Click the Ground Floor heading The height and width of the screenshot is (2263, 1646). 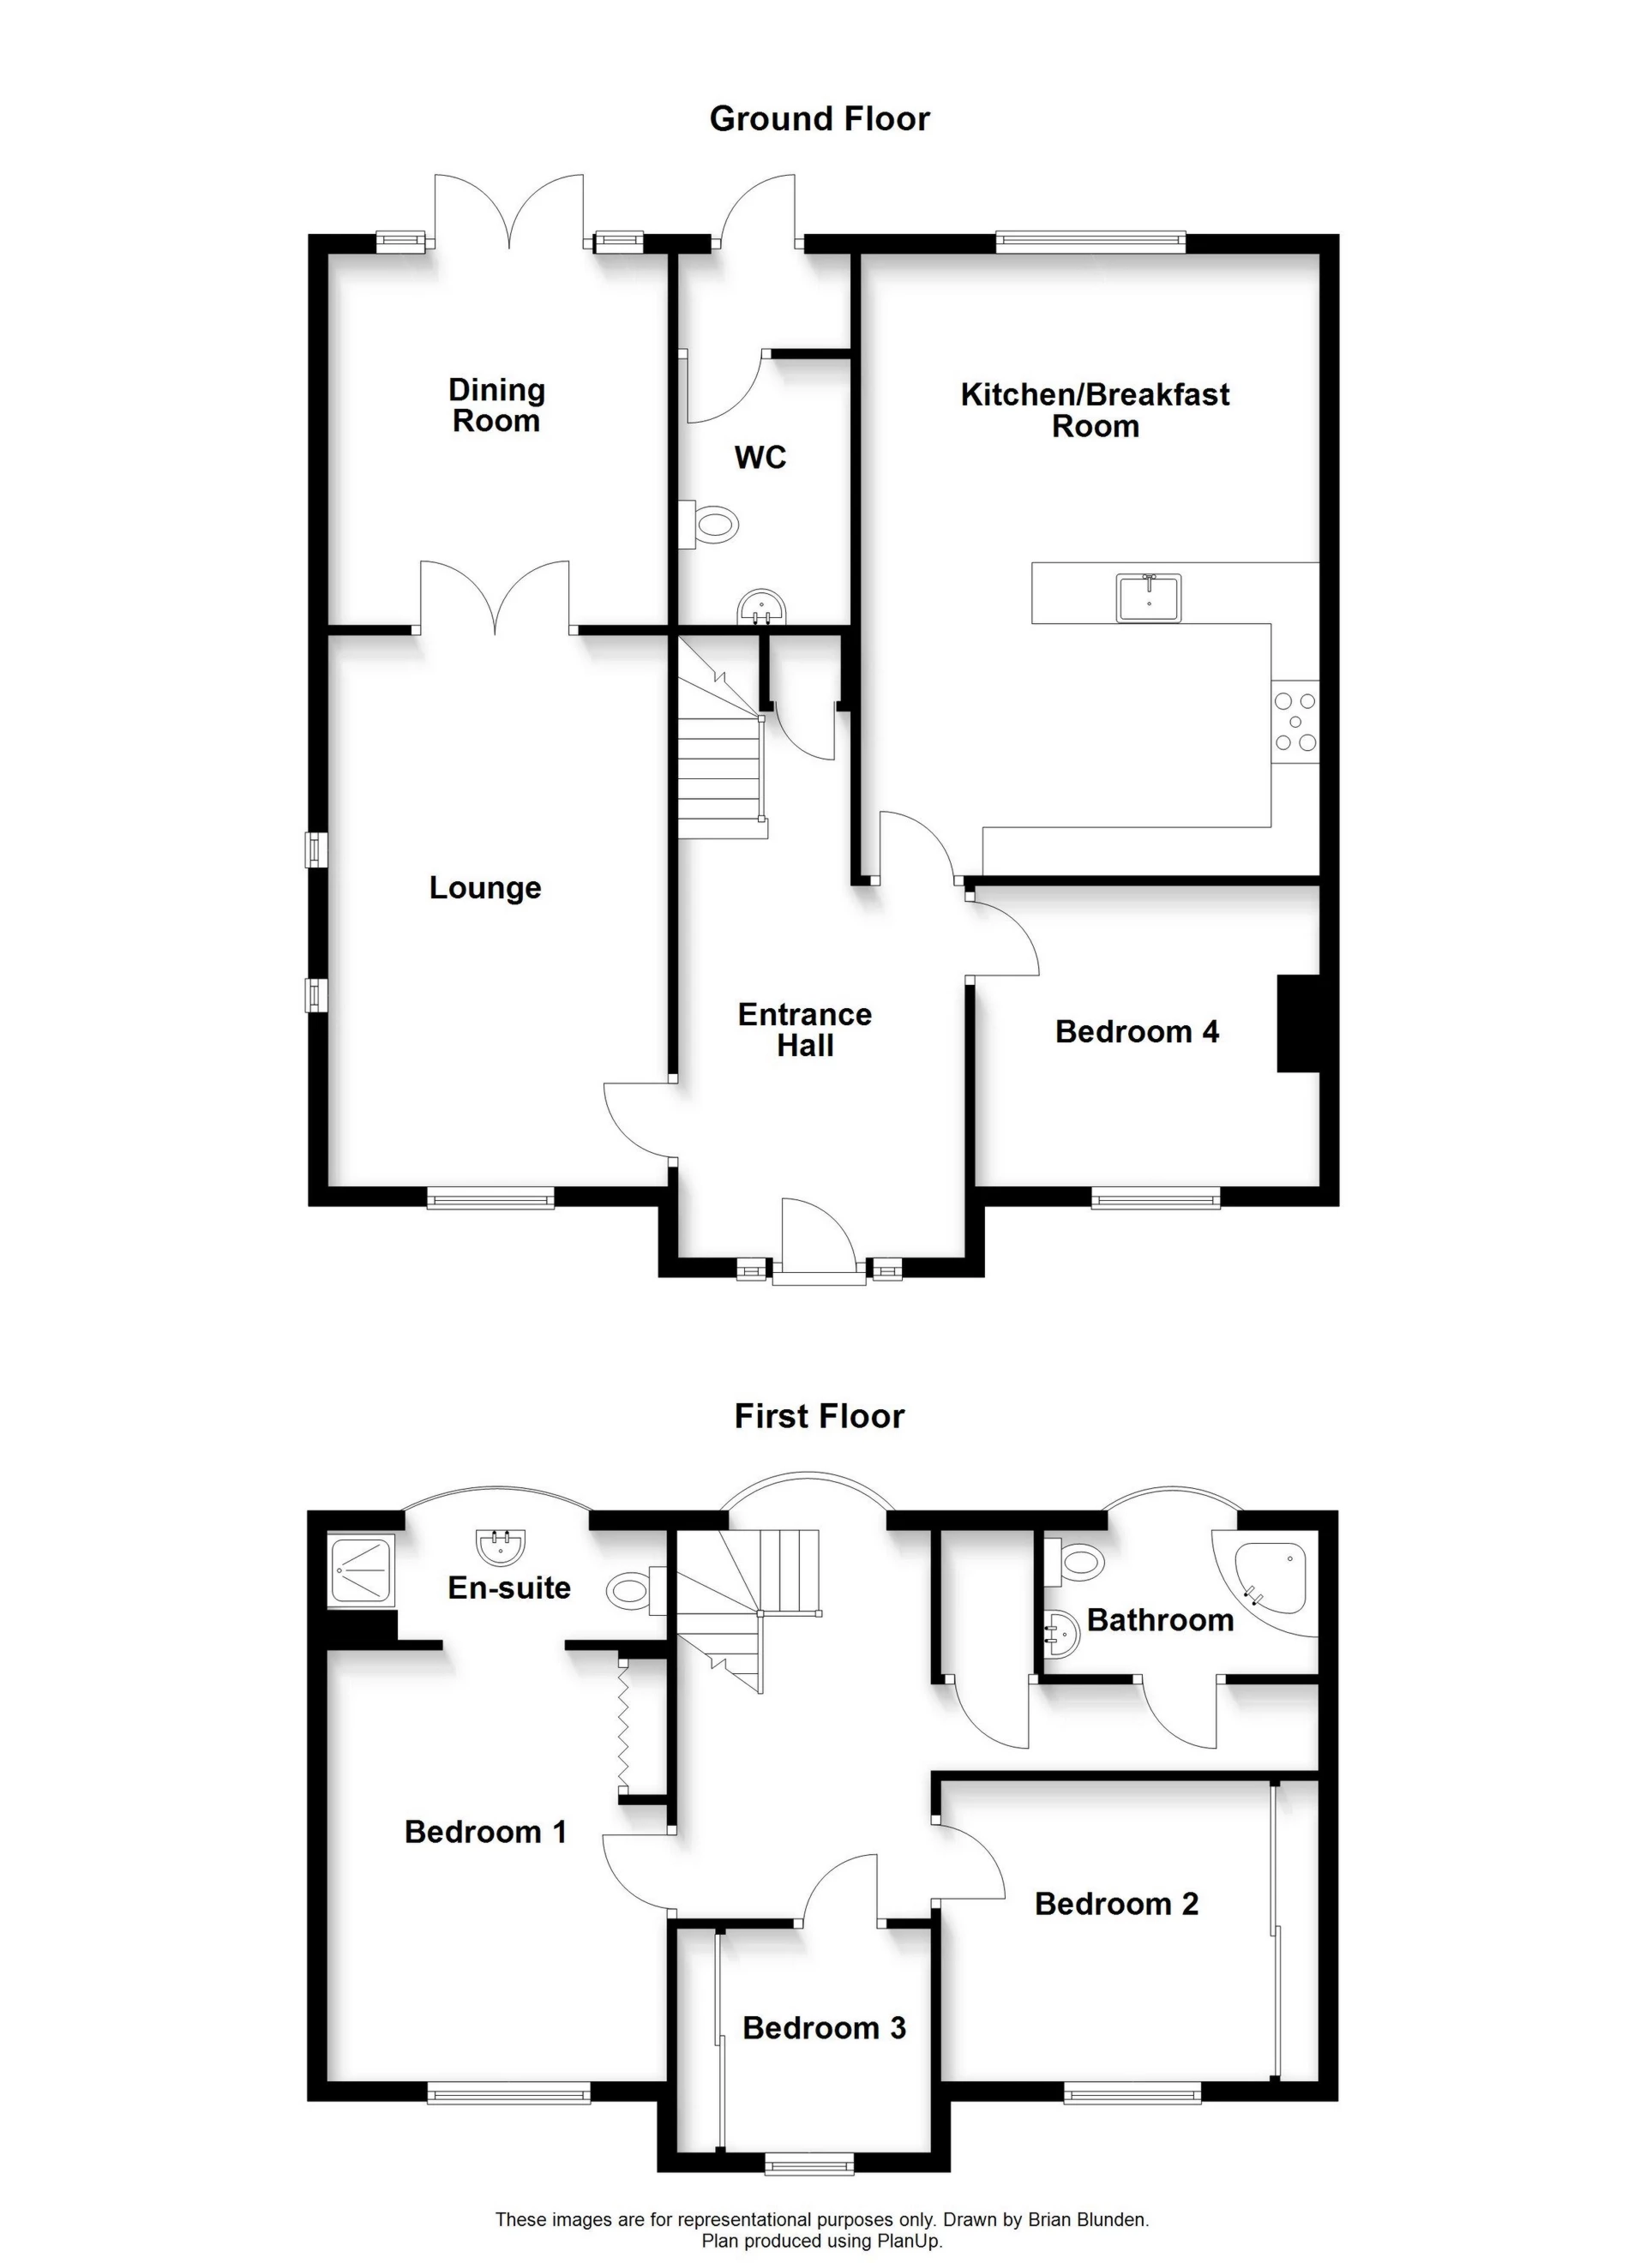[819, 119]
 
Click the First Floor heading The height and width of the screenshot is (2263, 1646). [819, 1416]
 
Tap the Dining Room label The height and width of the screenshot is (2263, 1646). [496, 405]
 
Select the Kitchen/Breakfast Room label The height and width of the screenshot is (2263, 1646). [1094, 410]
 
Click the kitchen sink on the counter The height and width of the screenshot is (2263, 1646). [1149, 597]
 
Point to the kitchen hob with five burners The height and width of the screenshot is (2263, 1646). [1295, 722]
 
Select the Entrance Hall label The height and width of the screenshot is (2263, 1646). [804, 1029]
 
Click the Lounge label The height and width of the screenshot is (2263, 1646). [485, 887]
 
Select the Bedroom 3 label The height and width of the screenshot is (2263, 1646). [824, 2027]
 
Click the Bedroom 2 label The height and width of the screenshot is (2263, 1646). [1116, 1904]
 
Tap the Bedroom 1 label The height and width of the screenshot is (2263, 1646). [485, 1831]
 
